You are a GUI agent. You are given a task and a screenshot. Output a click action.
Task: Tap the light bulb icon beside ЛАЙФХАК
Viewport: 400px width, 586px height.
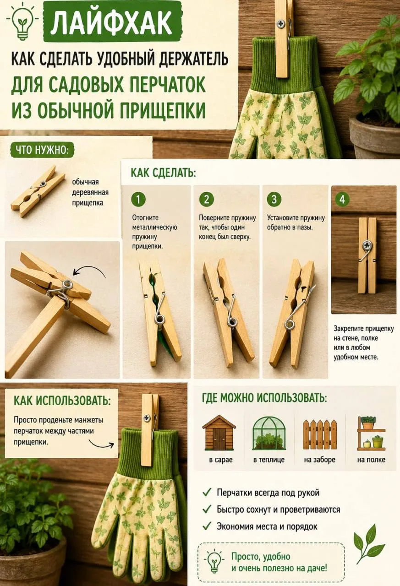coord(22,22)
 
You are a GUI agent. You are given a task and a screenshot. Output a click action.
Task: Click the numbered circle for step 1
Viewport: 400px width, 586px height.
coord(138,200)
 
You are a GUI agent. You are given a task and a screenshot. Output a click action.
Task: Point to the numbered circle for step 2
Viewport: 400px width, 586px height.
coord(207,199)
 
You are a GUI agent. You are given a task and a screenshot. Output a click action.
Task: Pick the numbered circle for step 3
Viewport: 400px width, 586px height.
coord(274,199)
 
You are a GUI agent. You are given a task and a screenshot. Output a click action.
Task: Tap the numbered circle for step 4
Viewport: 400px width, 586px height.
coord(342,200)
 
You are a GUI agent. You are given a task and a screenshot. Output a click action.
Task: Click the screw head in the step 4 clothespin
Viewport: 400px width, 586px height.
coord(367,245)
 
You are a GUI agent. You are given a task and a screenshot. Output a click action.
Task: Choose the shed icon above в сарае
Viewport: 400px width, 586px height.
coord(219,433)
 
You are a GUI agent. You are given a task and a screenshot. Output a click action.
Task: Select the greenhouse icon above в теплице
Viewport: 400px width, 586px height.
coord(269,433)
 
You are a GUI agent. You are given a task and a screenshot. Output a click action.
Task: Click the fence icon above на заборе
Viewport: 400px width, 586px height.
coord(320,434)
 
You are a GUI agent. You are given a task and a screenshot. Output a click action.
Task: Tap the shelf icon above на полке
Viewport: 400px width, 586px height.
coord(371,433)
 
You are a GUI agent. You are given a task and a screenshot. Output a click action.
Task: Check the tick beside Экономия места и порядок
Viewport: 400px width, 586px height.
coord(207,526)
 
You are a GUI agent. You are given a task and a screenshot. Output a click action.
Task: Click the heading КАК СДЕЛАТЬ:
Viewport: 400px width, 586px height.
coord(163,173)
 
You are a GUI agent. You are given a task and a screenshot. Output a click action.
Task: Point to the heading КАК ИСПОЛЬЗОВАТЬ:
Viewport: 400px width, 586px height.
coord(62,401)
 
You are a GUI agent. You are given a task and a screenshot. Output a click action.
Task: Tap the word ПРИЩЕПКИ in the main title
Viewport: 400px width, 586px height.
coord(163,110)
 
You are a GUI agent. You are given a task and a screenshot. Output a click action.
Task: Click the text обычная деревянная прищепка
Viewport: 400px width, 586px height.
coord(90,192)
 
